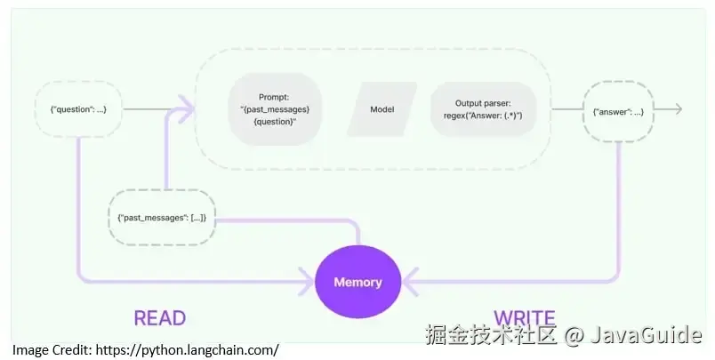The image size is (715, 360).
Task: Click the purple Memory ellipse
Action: [357, 283]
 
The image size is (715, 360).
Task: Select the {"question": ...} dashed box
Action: [78, 109]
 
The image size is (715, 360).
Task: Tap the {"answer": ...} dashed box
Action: [618, 110]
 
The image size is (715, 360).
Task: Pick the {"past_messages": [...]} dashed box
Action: [162, 218]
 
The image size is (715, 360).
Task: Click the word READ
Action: [159, 317]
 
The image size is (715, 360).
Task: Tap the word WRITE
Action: [525, 317]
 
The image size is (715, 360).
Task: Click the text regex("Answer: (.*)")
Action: [483, 116]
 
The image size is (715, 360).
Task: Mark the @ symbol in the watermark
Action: [574, 335]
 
